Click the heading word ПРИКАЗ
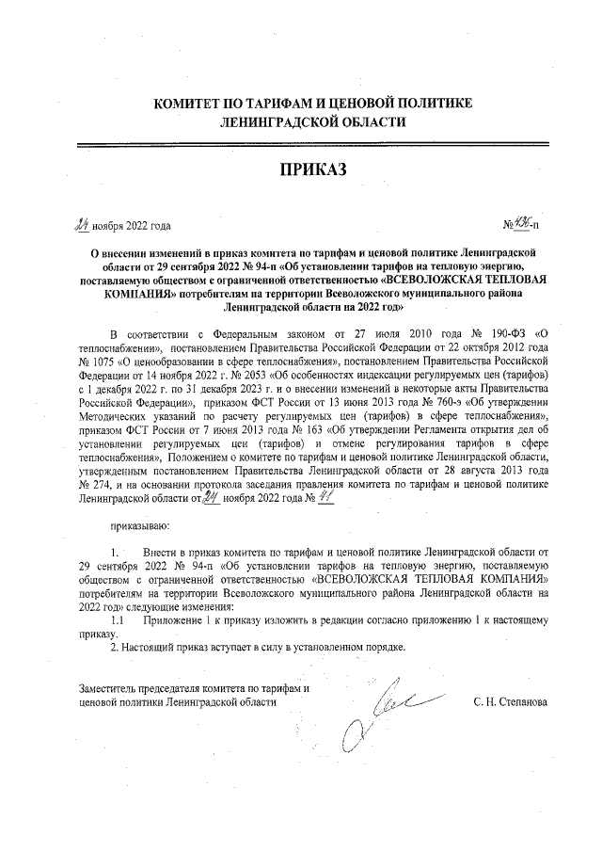tap(312, 169)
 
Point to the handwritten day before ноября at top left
tap(83, 224)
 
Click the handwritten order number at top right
tap(522, 224)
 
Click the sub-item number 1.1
tap(118, 621)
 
